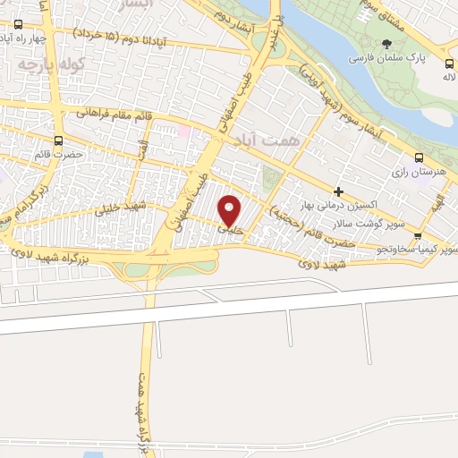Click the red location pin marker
[x=230, y=211]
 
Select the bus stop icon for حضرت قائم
[x=59, y=140]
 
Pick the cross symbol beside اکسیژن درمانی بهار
[x=338, y=191]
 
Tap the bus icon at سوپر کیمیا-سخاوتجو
[x=418, y=237]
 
